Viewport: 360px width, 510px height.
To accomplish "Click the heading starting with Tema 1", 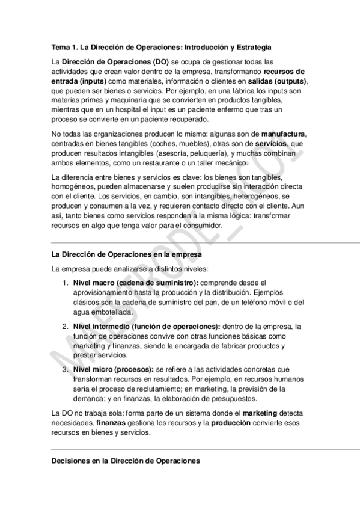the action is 162,46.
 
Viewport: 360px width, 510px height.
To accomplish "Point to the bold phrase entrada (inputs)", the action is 79,81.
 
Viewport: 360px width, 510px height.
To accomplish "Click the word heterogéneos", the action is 247,197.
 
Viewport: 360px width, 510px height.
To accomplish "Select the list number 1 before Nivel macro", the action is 66,282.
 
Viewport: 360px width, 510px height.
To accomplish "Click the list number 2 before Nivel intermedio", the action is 66,326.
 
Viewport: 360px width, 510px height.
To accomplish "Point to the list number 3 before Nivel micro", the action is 66,369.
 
